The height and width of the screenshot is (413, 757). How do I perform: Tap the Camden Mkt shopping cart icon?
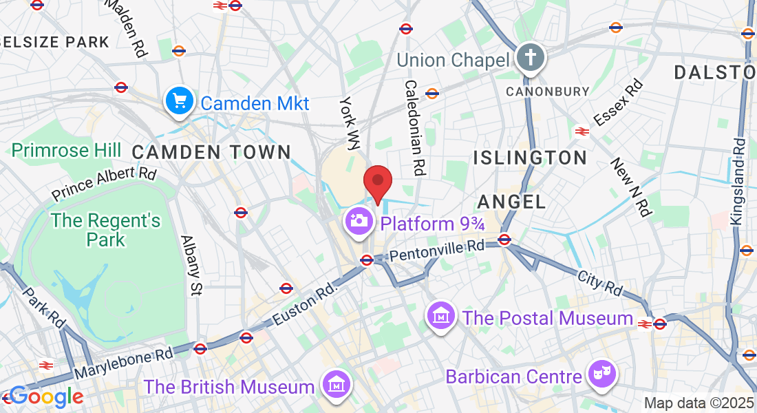(180, 102)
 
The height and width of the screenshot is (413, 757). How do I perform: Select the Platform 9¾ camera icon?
(359, 221)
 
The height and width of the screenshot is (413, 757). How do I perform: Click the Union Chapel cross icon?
(531, 57)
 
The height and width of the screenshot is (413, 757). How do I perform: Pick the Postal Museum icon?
(441, 316)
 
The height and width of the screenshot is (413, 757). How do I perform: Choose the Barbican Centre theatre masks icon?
(602, 375)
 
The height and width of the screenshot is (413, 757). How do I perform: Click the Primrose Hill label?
(66, 150)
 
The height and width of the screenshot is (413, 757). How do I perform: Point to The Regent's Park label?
(106, 230)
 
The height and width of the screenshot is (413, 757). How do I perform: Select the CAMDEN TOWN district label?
(211, 151)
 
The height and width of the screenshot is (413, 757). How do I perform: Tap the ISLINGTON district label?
(530, 158)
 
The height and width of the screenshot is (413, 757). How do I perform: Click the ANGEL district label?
(511, 202)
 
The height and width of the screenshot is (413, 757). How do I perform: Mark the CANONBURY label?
(548, 91)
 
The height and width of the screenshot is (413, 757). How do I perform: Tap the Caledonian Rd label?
(414, 128)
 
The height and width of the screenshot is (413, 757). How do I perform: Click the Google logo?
(45, 396)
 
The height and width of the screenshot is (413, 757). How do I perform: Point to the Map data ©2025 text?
(699, 403)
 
